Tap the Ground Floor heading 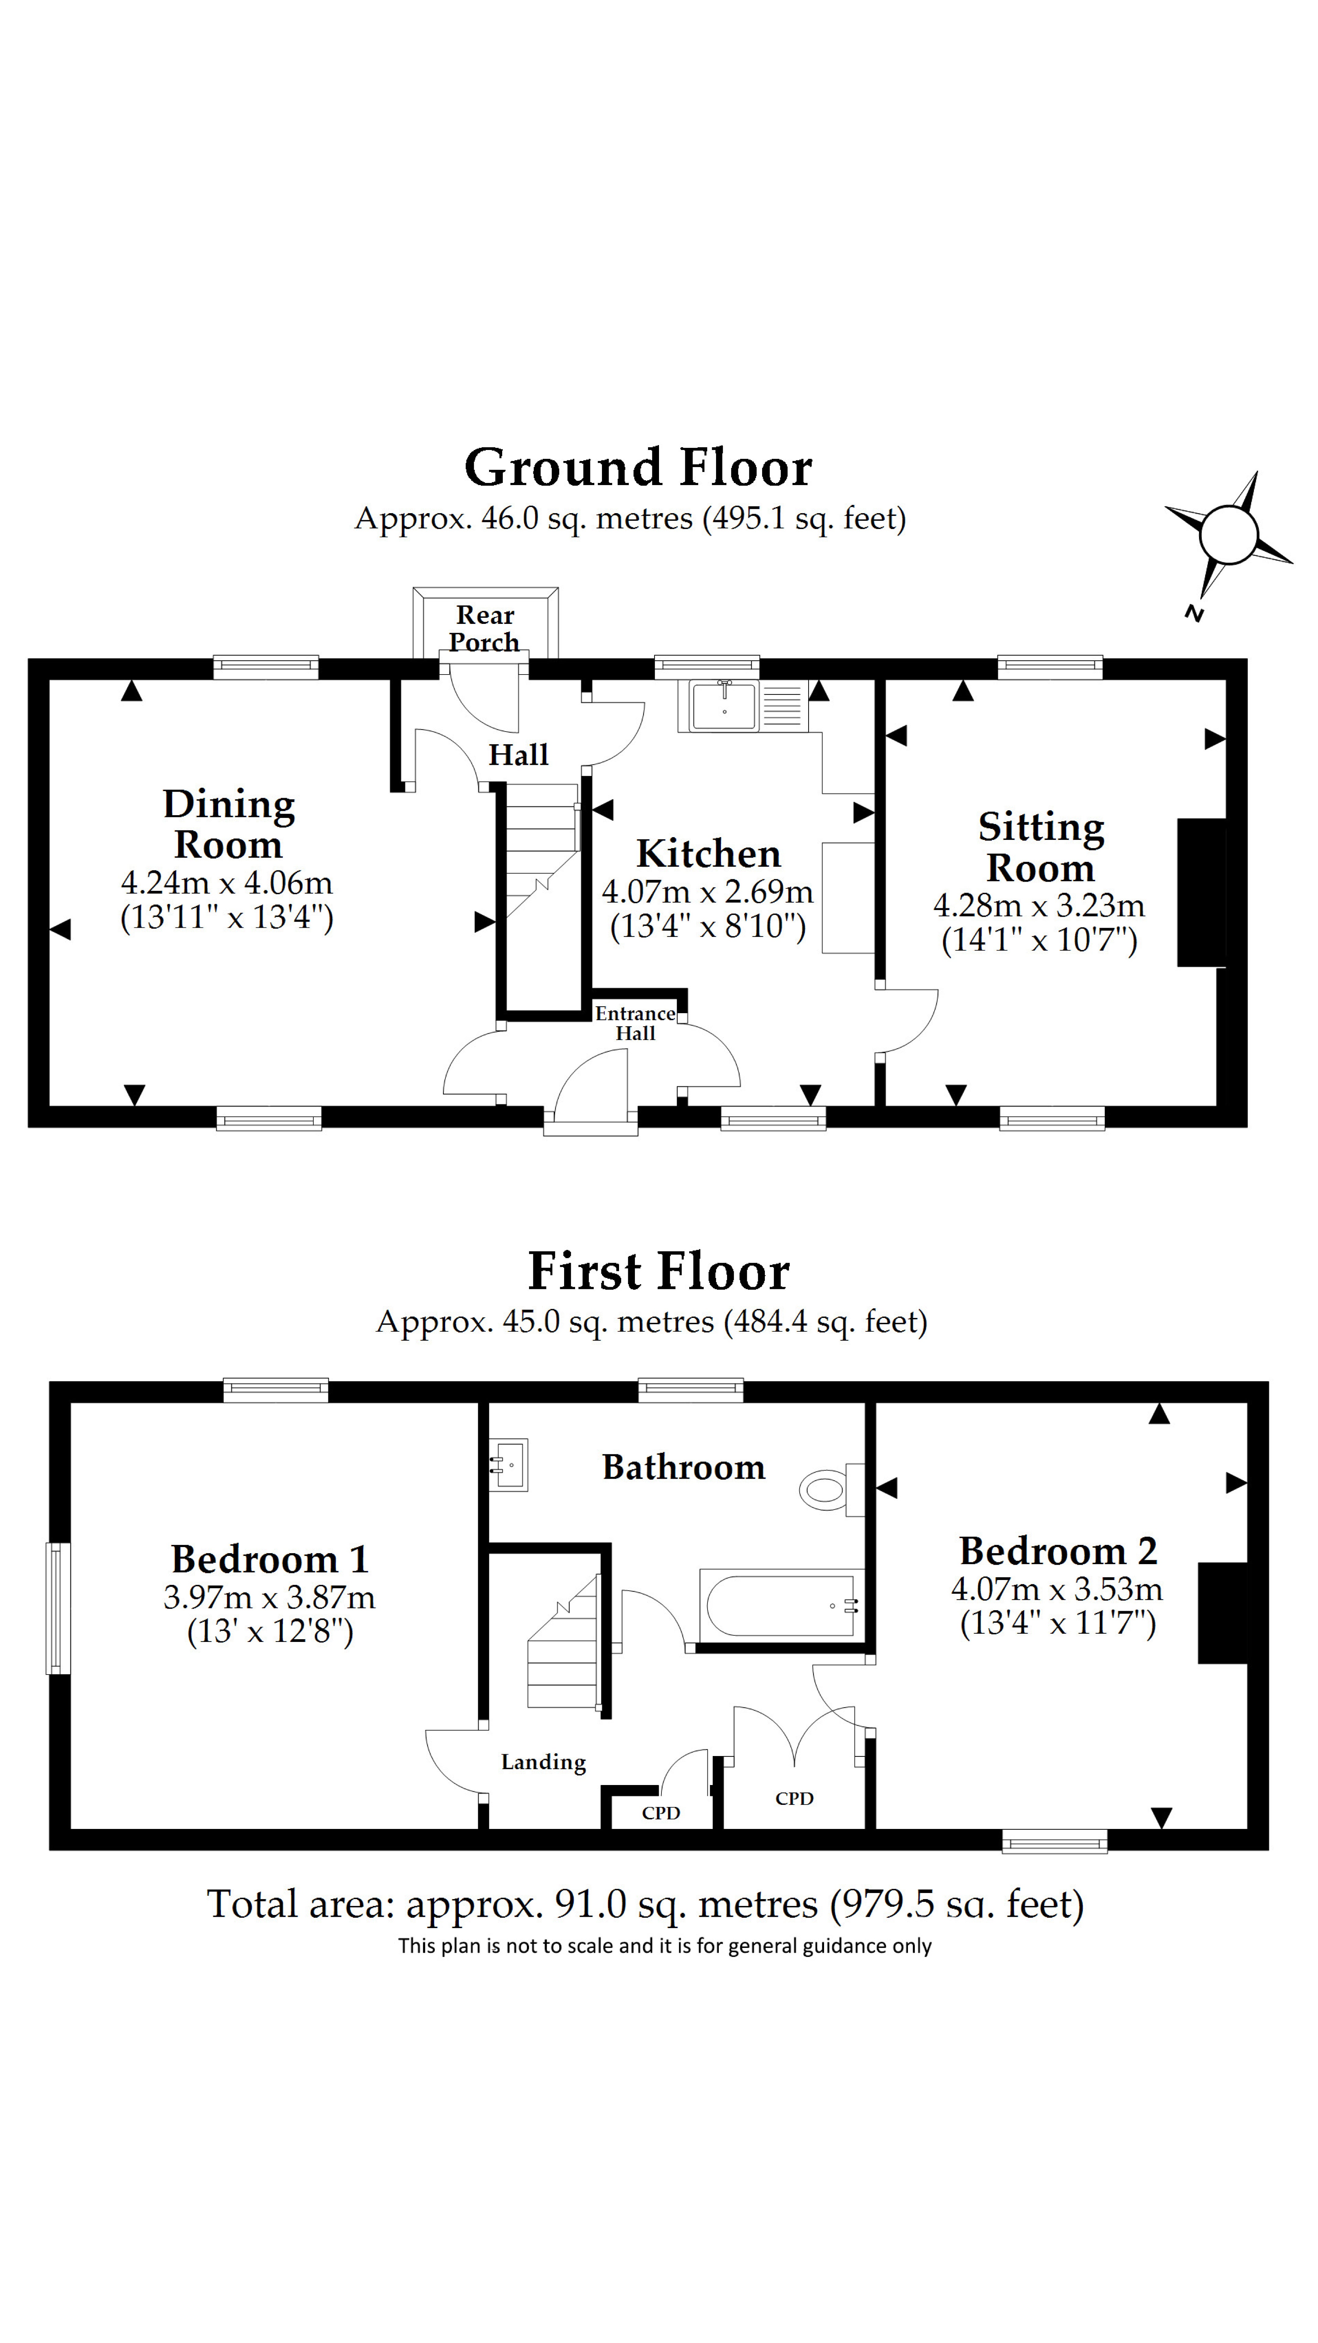[638, 468]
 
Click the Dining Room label [228, 824]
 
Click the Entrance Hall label [635, 1023]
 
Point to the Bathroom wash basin [509, 1465]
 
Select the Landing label [543, 1762]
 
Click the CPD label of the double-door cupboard [794, 1798]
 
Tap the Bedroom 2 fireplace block [1222, 1613]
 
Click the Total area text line [645, 1904]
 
